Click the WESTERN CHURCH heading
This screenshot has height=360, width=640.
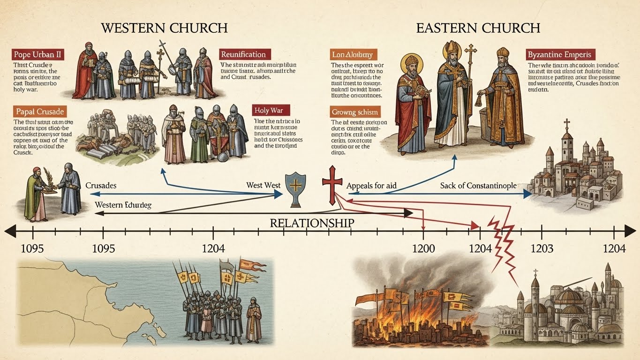tap(164, 28)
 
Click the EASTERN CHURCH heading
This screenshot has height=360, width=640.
tap(478, 28)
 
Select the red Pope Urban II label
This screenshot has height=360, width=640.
tap(39, 54)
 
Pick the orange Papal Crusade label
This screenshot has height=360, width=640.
tap(39, 112)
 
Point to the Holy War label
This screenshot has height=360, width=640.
tap(271, 111)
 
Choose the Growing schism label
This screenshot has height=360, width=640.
tap(355, 112)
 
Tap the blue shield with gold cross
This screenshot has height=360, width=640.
tap(296, 188)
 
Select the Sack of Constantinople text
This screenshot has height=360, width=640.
tap(478, 186)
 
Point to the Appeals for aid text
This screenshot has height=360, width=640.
tap(371, 186)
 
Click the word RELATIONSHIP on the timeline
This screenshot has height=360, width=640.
tap(312, 223)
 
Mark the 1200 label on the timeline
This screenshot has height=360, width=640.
tap(423, 248)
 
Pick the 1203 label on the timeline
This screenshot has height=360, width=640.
tap(542, 248)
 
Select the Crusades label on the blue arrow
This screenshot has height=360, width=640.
tap(101, 186)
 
